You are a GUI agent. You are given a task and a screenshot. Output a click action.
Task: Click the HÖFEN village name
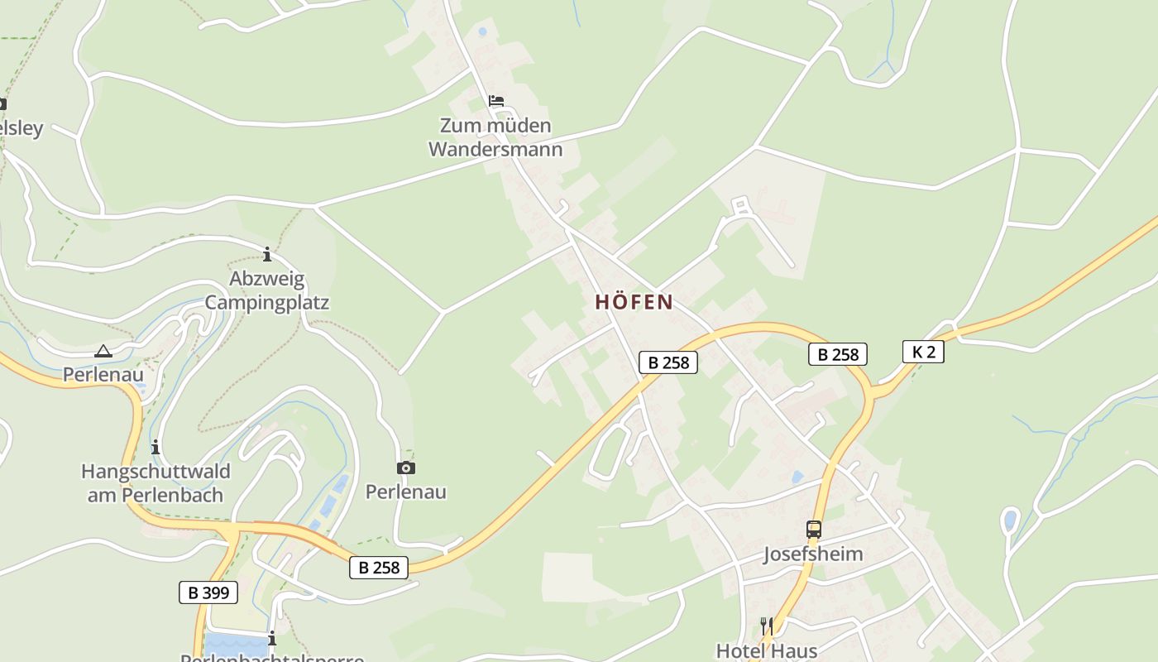pos(634,302)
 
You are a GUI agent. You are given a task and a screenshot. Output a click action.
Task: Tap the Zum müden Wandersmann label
pos(495,137)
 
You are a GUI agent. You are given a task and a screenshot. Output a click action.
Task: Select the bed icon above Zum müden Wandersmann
pos(496,101)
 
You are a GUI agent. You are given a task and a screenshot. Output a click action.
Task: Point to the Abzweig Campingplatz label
pos(266,290)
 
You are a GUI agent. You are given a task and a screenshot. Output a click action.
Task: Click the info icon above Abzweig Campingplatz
pos(266,254)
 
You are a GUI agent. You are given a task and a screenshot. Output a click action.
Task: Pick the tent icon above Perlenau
pos(103,351)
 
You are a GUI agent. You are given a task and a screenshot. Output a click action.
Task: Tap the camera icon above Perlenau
pos(405,468)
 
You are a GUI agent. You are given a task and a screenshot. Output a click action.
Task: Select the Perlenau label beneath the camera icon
pos(405,492)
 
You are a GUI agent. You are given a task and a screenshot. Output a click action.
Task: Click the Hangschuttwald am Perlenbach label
pos(156,483)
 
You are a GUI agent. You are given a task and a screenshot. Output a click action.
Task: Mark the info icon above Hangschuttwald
pos(156,448)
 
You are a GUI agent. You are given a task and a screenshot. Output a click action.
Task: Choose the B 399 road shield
pos(208,592)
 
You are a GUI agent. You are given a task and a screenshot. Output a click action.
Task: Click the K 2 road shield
pos(923,352)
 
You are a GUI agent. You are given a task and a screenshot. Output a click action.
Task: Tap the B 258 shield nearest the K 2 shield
pos(838,355)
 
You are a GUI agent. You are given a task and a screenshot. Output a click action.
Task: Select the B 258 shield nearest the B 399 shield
pos(379,567)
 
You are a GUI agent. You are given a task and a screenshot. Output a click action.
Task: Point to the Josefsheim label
pos(813,554)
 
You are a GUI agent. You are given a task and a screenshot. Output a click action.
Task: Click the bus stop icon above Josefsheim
pos(814,530)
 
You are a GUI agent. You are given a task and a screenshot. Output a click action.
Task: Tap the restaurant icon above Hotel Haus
pos(766,626)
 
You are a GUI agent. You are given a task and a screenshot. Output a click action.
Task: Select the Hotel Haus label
pos(767,650)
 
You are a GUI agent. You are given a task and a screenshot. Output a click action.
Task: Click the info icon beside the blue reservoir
pos(271,639)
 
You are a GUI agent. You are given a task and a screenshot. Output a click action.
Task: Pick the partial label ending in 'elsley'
pos(22,129)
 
